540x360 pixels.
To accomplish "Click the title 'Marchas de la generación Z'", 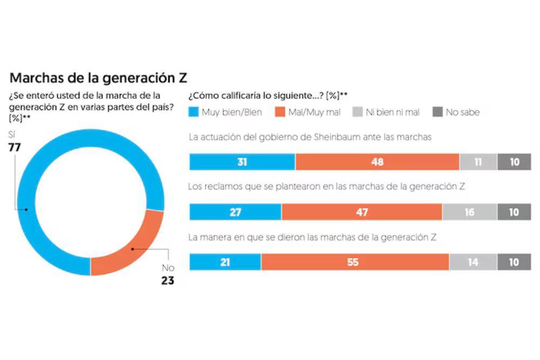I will click(x=98, y=78).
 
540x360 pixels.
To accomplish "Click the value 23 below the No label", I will click(x=167, y=280).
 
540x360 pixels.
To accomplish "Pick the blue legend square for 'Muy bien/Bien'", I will click(x=193, y=112).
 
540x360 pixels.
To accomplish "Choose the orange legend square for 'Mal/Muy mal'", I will click(x=280, y=112).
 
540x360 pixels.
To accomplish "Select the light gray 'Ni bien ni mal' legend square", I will click(x=357, y=112).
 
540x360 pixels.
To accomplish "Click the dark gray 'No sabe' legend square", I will click(x=437, y=112).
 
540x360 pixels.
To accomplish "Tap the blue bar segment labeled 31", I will click(x=242, y=162).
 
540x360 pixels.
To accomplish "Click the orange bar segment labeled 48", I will click(x=377, y=162).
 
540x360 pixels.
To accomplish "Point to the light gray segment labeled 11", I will click(x=478, y=162).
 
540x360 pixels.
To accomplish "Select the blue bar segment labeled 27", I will click(x=235, y=212).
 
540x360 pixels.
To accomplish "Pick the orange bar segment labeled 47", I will click(x=362, y=212).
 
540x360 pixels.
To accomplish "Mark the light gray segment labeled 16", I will click(x=469, y=212).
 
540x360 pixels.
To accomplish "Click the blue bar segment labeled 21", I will click(x=225, y=262).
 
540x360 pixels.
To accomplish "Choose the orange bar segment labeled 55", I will click(x=355, y=262).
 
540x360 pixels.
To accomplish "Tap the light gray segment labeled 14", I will click(x=473, y=262).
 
